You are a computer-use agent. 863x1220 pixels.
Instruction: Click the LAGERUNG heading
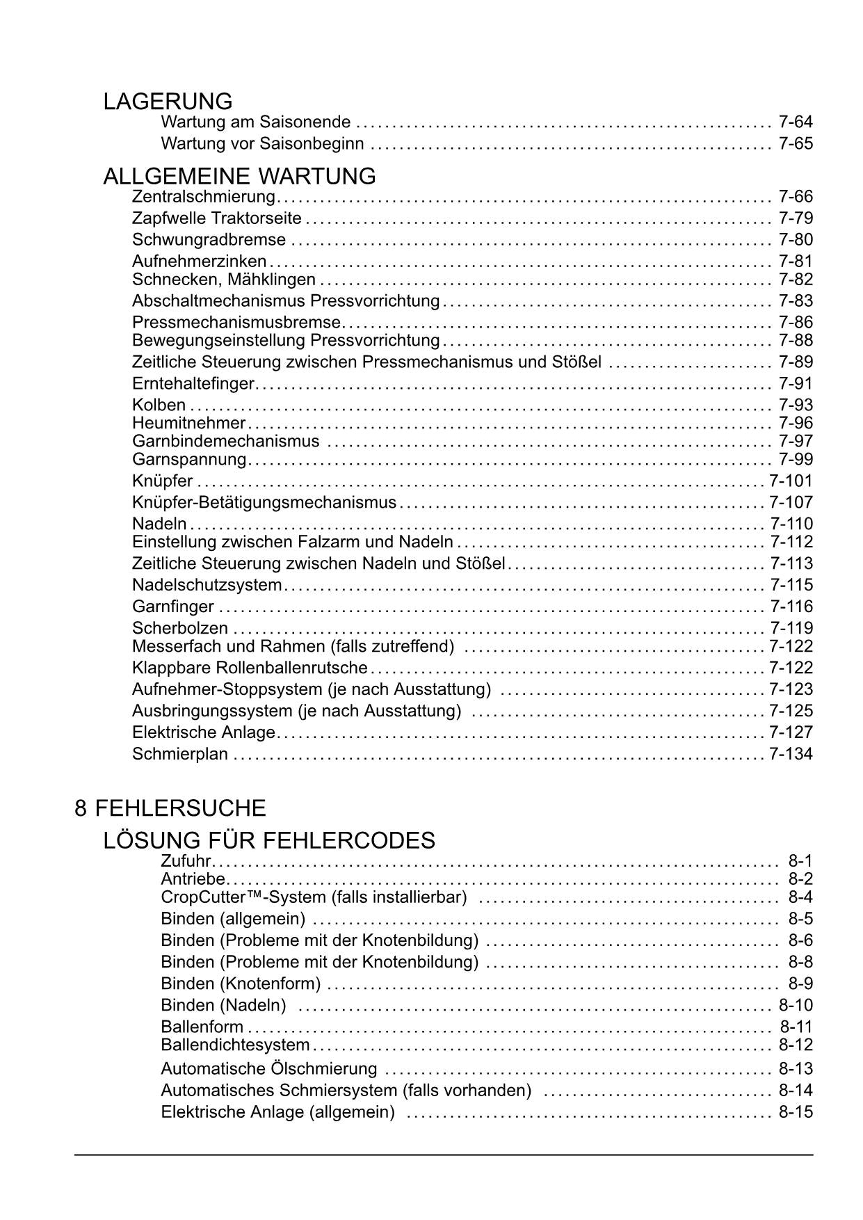[x=168, y=102]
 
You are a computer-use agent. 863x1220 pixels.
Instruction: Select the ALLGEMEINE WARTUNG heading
[x=239, y=177]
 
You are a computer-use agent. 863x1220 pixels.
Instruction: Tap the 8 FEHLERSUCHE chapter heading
[x=170, y=808]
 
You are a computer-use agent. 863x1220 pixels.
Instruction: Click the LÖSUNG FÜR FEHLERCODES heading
[x=269, y=841]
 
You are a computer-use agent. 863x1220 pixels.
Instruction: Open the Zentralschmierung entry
[x=204, y=197]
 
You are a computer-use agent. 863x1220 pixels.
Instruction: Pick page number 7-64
[x=796, y=122]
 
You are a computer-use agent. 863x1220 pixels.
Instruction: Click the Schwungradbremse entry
[x=209, y=240]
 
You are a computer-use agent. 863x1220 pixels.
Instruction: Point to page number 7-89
[x=796, y=362]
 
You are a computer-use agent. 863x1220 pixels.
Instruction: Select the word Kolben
[x=159, y=406]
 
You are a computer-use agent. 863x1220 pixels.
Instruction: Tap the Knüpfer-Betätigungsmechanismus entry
[x=264, y=503]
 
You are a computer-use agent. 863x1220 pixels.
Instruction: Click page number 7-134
[x=791, y=754]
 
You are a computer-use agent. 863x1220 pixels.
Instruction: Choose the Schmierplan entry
[x=180, y=754]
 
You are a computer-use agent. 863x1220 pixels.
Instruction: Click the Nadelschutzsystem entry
[x=207, y=585]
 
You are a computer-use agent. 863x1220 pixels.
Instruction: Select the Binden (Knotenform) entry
[x=241, y=984]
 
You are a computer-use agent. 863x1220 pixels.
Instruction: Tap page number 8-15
[x=796, y=1112]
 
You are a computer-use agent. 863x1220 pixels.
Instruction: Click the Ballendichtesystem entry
[x=235, y=1045]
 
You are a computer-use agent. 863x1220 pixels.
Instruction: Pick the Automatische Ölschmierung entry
[x=268, y=1069]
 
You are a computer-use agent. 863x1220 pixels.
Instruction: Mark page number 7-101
[x=791, y=481]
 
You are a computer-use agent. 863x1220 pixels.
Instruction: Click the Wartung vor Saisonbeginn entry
[x=262, y=144]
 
